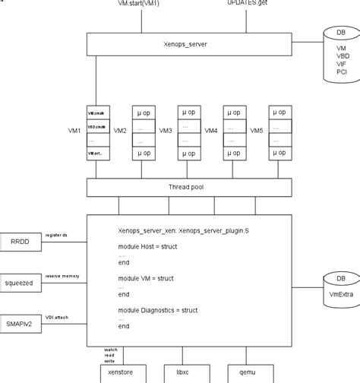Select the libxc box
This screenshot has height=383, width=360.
(x=179, y=373)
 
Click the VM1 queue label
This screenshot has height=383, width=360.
(x=74, y=130)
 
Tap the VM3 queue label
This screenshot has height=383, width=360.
(x=165, y=130)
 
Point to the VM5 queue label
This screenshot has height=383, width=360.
(x=256, y=130)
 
